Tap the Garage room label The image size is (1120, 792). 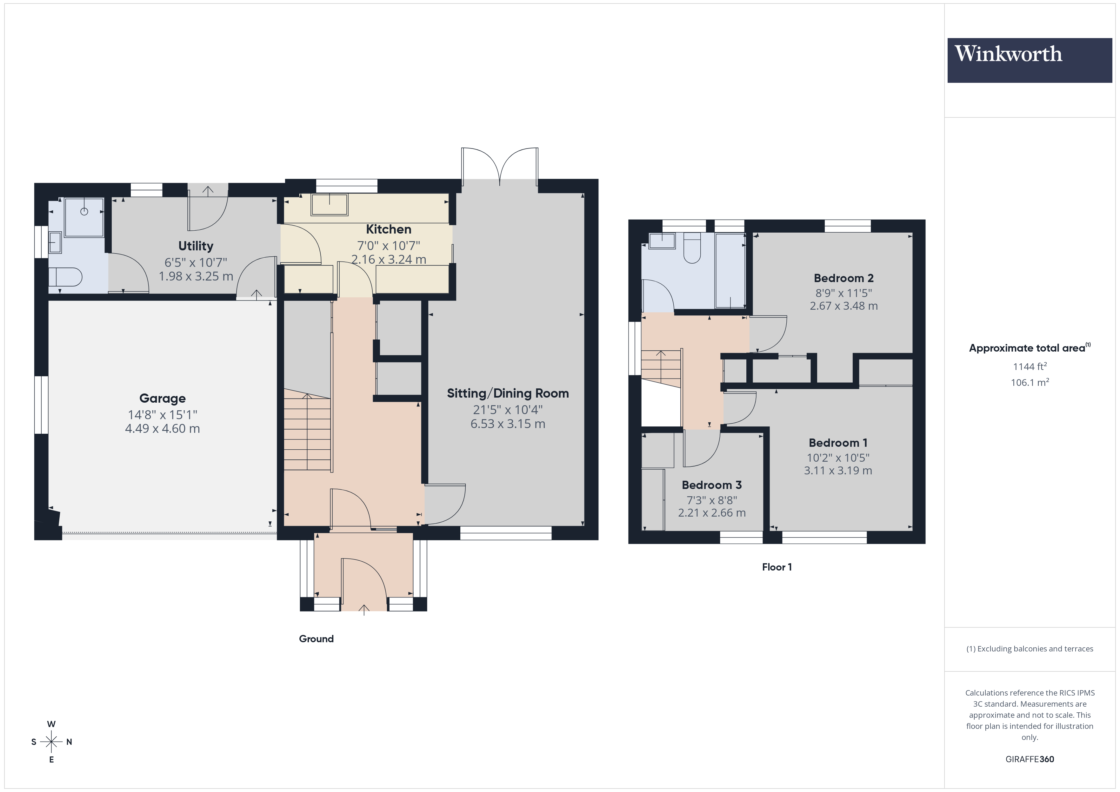(x=163, y=399)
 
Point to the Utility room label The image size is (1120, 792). (x=196, y=246)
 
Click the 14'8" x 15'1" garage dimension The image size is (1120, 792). (x=163, y=414)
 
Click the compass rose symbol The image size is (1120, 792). (x=51, y=742)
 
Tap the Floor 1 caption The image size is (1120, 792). (x=777, y=567)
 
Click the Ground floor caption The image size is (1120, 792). (x=316, y=638)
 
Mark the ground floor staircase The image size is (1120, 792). (x=307, y=432)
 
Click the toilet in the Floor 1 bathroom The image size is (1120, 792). (x=692, y=249)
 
